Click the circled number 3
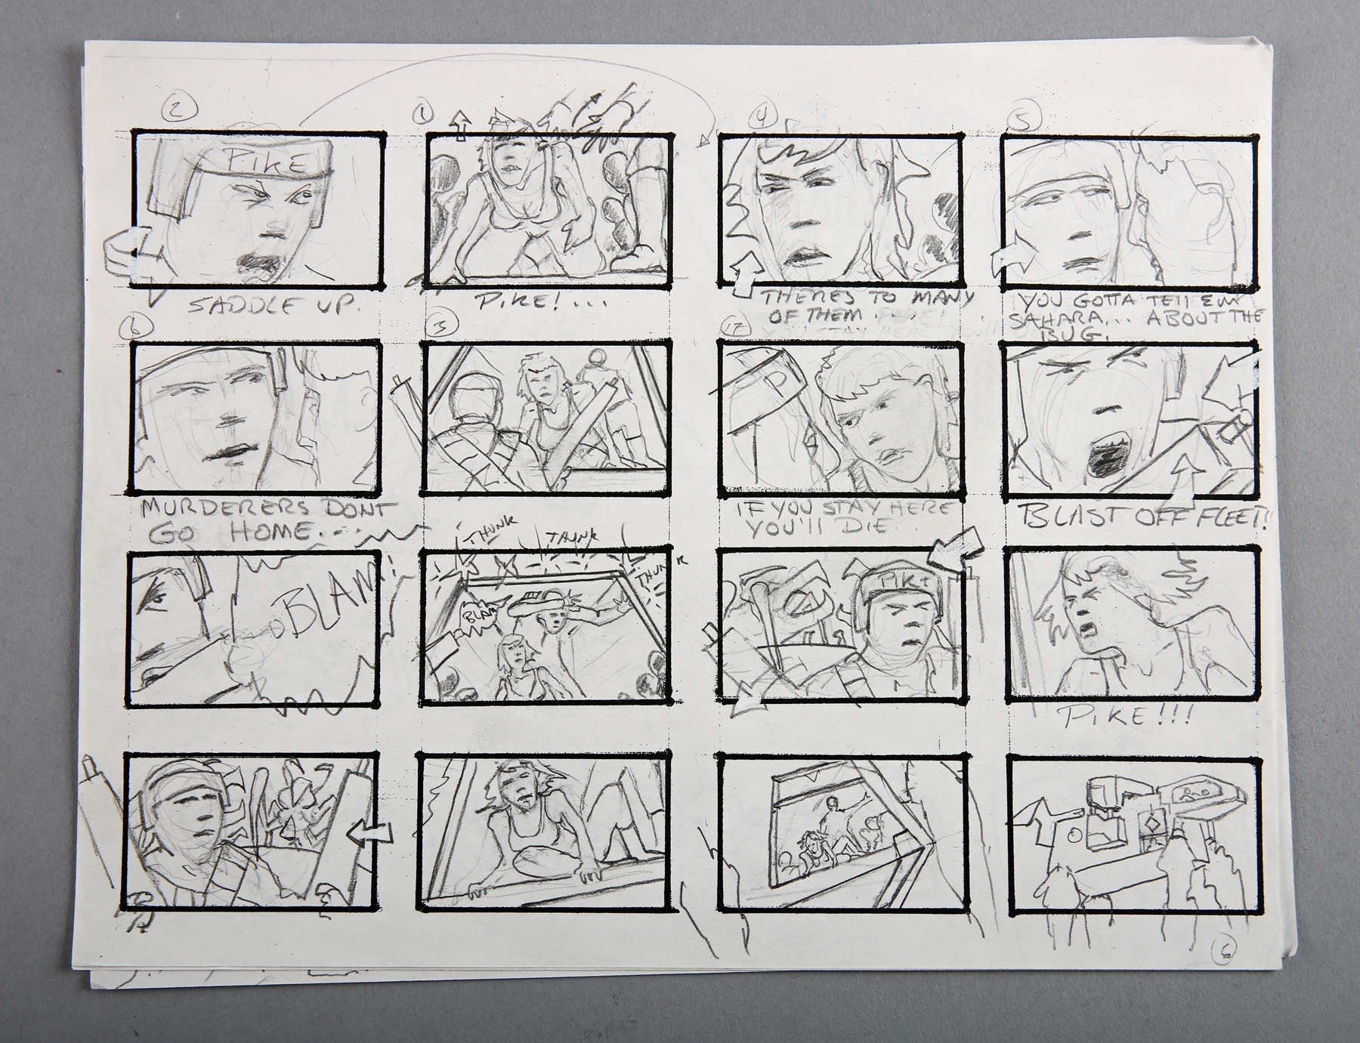coord(438,326)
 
